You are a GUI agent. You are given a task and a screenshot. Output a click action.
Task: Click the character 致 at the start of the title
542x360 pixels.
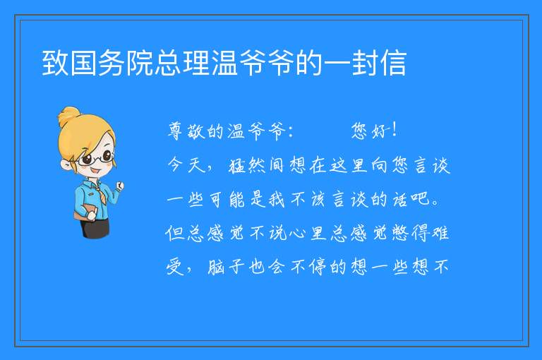coord(55,63)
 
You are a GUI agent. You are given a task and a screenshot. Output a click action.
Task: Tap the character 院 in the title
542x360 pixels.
coord(139,63)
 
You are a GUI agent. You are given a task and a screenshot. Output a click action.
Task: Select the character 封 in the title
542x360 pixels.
coord(365,63)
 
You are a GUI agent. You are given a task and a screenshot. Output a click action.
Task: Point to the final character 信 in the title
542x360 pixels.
coord(393,63)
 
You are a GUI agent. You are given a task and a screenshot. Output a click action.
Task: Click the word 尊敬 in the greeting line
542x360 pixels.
coord(187,131)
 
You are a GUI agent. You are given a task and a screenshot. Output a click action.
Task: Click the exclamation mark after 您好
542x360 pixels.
coord(395,130)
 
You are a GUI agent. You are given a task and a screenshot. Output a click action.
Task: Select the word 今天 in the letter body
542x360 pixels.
coord(187,165)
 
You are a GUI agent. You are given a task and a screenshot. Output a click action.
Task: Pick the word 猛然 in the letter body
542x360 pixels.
coord(247,165)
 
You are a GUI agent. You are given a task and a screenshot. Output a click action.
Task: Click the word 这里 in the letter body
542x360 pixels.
coord(348,165)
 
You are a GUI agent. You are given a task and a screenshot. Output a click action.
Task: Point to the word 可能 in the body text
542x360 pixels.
coord(227,199)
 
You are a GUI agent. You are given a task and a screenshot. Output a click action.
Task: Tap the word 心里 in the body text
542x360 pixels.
coord(308,233)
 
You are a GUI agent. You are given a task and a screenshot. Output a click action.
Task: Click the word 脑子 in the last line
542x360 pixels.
coord(227,267)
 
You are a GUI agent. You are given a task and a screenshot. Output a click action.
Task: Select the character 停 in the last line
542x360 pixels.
coord(318,267)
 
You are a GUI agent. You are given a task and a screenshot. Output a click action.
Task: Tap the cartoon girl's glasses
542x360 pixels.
coord(95,158)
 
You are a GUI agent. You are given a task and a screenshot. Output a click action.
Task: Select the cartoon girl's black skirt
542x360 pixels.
coord(95,227)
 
